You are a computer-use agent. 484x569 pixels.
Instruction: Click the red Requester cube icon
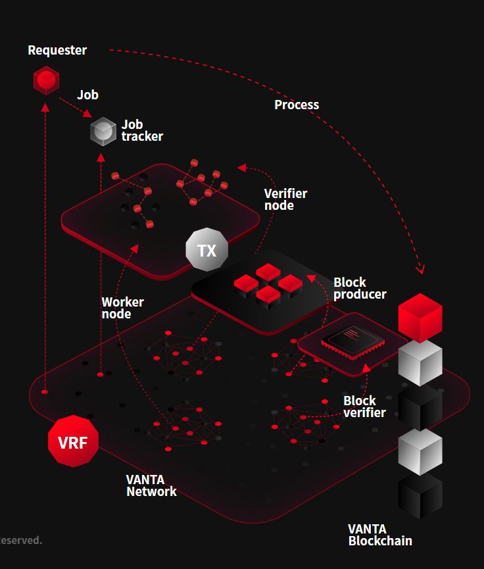coord(46,80)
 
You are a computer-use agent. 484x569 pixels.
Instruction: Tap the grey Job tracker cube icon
coord(103,131)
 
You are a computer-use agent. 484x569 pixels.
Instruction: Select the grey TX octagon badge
coord(206,250)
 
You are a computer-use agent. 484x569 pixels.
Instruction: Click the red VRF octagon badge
coord(73,442)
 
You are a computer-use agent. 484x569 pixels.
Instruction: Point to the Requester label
coord(57,50)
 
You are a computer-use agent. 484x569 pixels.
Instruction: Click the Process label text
coord(297,105)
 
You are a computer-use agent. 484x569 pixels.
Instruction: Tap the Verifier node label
coord(285,199)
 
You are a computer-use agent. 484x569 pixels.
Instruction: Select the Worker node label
coord(122,308)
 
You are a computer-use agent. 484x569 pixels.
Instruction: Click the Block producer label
coord(360,288)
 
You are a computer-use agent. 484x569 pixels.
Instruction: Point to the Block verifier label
coord(364,407)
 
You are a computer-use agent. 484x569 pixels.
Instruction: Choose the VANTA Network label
coord(151,485)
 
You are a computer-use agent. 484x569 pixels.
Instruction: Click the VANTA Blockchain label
coord(380,535)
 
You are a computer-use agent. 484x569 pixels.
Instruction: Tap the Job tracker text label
coord(142,130)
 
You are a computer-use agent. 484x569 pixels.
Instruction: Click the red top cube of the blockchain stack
coord(420,317)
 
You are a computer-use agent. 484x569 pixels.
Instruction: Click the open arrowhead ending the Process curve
coord(421,269)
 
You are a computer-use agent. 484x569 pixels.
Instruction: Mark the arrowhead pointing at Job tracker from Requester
coord(87,114)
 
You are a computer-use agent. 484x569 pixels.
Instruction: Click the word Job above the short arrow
coord(87,95)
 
